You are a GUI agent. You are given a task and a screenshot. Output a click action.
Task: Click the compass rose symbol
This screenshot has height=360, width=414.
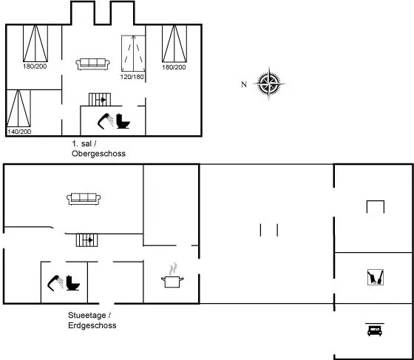click(269, 84)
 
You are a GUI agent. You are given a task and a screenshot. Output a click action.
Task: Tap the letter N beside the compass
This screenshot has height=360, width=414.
click(244, 84)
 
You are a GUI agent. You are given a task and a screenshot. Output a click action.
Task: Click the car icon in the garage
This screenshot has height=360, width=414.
click(375, 330)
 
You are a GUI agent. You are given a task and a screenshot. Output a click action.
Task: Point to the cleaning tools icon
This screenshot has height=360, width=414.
click(376, 277)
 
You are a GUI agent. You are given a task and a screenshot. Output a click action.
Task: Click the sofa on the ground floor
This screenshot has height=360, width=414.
click(84, 199)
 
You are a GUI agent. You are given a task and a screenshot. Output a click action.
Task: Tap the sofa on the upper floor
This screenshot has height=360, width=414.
click(92, 64)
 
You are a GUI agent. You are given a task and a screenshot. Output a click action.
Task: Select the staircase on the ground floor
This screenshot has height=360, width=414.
click(87, 240)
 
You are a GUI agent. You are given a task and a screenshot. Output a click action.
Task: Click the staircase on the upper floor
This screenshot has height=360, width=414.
click(100, 100)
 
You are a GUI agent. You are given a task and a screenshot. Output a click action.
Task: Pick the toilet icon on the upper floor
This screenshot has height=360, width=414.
click(123, 121)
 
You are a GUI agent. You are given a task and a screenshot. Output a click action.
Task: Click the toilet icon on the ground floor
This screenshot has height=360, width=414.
click(72, 283)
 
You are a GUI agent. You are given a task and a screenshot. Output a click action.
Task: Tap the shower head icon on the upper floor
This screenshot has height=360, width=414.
click(106, 121)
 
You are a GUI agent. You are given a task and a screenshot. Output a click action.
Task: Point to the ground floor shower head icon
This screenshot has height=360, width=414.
click(55, 283)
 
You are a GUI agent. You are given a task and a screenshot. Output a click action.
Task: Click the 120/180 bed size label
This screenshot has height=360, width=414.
click(132, 77)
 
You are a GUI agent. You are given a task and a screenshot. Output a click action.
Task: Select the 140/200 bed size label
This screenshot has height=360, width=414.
click(19, 132)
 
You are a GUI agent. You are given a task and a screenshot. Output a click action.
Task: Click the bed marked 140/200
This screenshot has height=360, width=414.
click(18, 109)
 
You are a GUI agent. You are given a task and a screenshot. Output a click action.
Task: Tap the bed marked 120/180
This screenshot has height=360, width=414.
click(133, 53)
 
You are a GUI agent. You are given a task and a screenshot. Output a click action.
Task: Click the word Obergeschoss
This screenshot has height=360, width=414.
click(98, 154)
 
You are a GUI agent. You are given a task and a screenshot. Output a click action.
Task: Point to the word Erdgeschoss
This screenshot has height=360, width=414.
click(92, 325)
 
